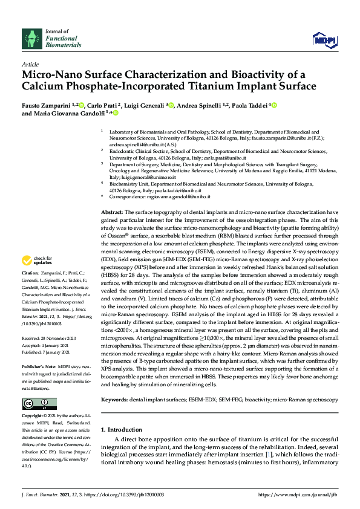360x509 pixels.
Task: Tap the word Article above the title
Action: pyautogui.click(x=30, y=63)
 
